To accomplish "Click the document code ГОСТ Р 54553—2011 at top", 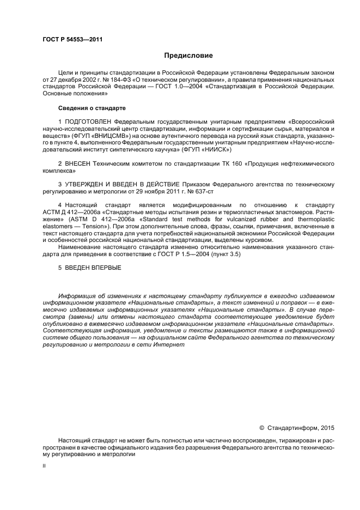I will click(x=72, y=40).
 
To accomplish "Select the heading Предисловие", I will click(x=188, y=56).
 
